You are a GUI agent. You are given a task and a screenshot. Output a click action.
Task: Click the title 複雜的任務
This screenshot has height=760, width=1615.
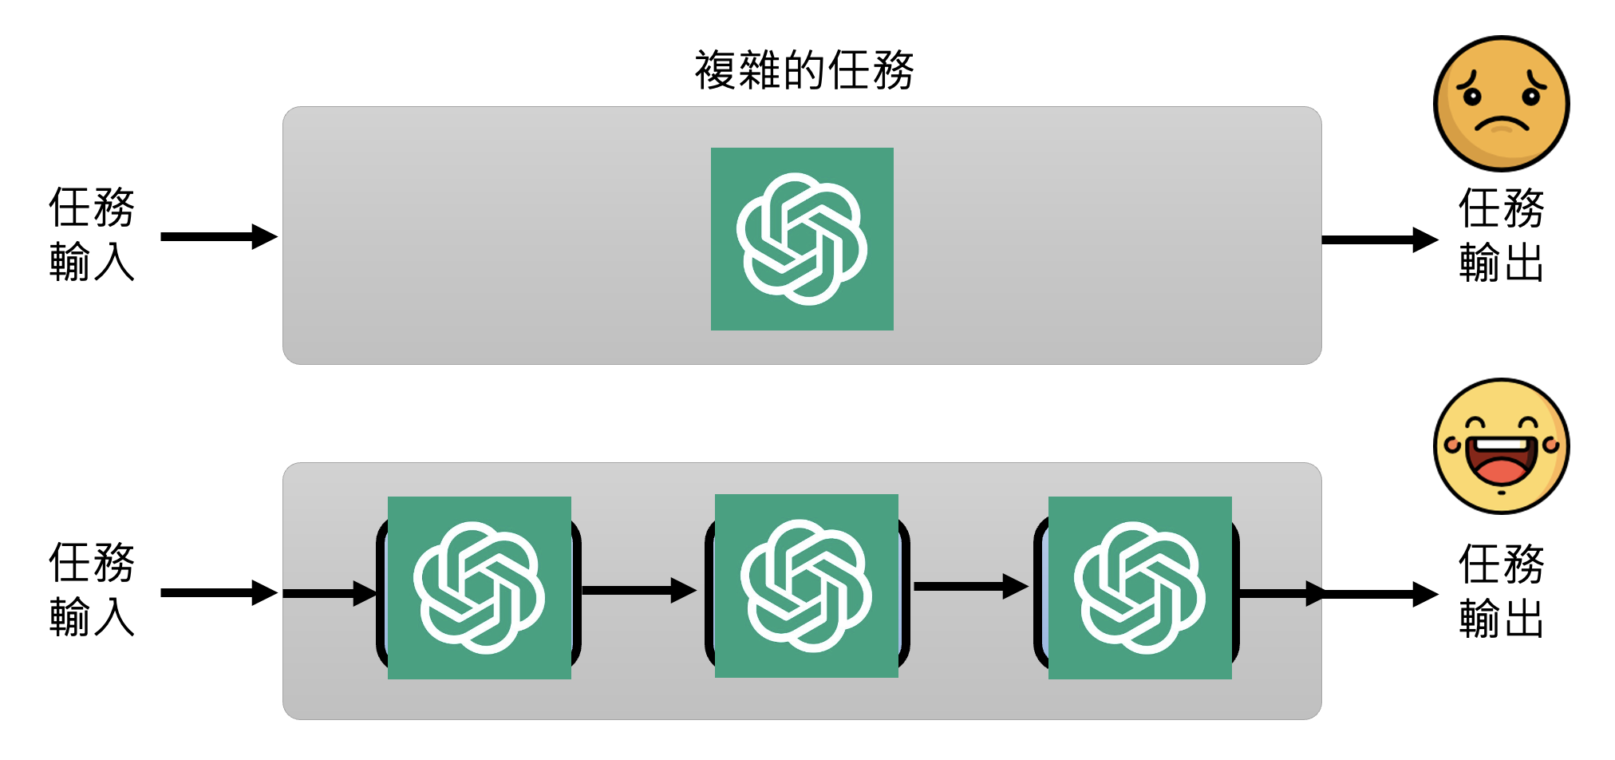[x=804, y=70]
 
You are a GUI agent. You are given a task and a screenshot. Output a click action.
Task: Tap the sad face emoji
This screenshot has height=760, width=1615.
[x=1501, y=103]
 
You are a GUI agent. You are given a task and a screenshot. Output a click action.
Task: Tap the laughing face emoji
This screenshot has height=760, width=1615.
[x=1501, y=445]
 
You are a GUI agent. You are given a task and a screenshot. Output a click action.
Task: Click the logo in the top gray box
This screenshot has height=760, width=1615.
[x=802, y=239]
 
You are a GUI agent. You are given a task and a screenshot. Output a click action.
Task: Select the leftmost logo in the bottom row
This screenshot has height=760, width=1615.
[x=479, y=588]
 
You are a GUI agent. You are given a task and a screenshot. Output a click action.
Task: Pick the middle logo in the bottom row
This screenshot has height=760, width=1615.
[x=806, y=586]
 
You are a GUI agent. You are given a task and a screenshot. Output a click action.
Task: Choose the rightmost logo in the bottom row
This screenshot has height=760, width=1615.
[x=1139, y=588]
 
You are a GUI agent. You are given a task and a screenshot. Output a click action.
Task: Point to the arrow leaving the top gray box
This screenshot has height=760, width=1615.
[x=1379, y=239]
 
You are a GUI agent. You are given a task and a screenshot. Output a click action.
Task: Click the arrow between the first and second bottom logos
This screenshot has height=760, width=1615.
[x=638, y=591]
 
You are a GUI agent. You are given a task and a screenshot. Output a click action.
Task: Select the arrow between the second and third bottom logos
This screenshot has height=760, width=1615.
[x=970, y=587]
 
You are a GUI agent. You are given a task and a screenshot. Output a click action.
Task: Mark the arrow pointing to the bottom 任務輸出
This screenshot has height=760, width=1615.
[x=1379, y=594]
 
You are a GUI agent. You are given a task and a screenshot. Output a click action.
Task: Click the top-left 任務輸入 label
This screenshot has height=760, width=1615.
[x=92, y=234]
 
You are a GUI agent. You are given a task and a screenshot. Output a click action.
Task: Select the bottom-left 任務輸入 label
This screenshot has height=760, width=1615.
[x=92, y=589]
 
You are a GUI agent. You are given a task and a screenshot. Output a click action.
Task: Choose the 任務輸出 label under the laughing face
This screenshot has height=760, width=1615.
[x=1501, y=591]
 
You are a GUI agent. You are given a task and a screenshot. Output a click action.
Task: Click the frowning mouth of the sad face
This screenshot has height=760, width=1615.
[x=1501, y=125]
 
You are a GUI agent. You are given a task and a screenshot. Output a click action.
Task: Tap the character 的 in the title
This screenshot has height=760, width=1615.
[x=804, y=70]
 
